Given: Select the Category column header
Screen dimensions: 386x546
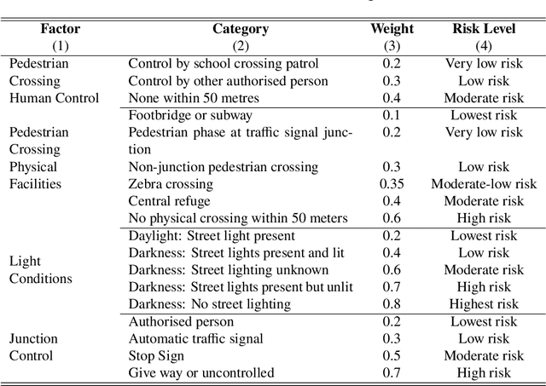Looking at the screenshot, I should [x=241, y=29].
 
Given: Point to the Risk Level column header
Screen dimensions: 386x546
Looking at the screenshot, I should [x=483, y=29].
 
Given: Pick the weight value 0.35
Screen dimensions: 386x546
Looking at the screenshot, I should [x=392, y=184].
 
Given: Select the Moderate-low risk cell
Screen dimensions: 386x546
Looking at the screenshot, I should [x=484, y=184].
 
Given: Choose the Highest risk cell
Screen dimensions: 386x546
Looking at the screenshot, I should [x=484, y=304].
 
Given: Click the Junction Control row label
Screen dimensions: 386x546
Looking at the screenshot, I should [x=34, y=347].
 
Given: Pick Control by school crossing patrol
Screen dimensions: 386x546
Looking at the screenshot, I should [x=224, y=63].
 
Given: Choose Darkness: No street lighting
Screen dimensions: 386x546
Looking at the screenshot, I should [x=209, y=304].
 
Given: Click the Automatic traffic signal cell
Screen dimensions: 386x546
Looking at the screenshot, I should [x=195, y=338].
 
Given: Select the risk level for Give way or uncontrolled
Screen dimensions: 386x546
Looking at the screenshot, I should [x=484, y=373].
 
